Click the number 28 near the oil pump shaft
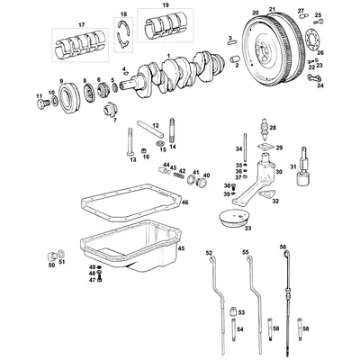click(273, 128)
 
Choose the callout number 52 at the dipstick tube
click(209, 253)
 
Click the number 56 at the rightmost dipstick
click(283, 245)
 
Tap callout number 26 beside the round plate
click(320, 53)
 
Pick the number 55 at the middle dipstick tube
click(245, 253)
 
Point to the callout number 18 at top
click(124, 13)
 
